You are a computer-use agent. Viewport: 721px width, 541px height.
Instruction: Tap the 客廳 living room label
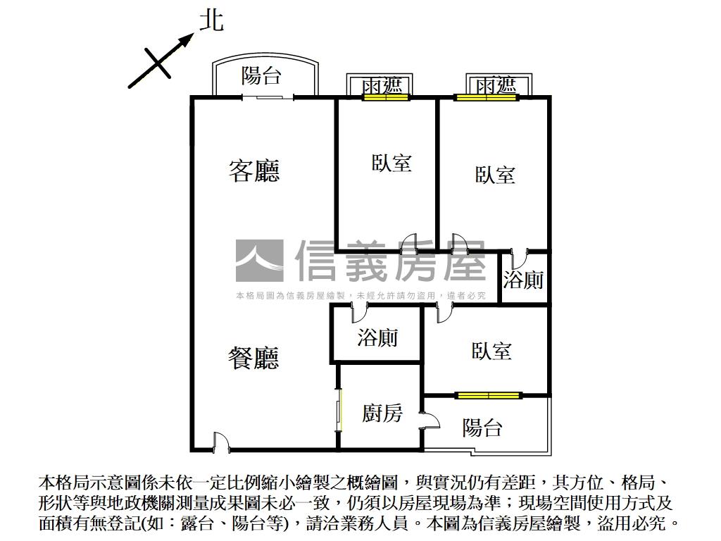click(x=254, y=170)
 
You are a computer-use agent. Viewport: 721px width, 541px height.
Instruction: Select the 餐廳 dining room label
click(x=253, y=358)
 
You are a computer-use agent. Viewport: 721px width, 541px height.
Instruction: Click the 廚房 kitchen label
click(x=382, y=413)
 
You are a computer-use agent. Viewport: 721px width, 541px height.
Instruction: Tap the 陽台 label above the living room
click(x=261, y=75)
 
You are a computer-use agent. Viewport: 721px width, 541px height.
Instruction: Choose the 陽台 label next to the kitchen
click(x=482, y=427)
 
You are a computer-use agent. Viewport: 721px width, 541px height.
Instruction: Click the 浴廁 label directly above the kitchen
click(x=377, y=337)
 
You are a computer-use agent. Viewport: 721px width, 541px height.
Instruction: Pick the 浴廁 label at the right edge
click(x=523, y=280)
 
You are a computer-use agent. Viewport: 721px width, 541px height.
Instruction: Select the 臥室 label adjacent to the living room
click(x=391, y=163)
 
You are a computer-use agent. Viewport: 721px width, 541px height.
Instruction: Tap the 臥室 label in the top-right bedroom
click(x=494, y=175)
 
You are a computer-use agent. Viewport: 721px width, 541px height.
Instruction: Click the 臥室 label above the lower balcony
click(x=491, y=351)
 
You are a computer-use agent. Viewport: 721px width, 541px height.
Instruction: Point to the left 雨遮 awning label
click(x=382, y=85)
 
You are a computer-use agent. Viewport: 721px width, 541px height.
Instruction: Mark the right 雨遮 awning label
click(x=496, y=85)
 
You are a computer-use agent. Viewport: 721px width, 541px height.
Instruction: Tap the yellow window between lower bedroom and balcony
click(x=487, y=395)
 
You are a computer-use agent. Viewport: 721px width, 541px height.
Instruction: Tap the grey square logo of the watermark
click(x=259, y=261)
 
